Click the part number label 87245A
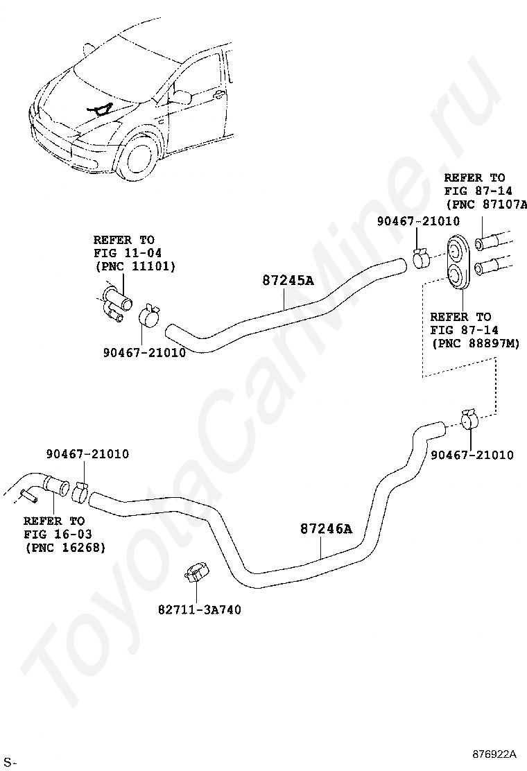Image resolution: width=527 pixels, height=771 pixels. [x=288, y=281]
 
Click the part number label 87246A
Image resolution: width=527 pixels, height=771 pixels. [x=326, y=529]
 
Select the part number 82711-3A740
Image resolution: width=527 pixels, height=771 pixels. [x=200, y=610]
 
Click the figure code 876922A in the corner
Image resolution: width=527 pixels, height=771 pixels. [x=495, y=754]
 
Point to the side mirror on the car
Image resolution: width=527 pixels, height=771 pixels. [x=181, y=96]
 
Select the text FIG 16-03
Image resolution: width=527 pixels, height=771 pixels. [x=58, y=534]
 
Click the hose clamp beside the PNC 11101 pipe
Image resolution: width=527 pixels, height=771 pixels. [x=150, y=316]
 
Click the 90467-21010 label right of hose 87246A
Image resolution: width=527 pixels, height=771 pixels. [x=472, y=455]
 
